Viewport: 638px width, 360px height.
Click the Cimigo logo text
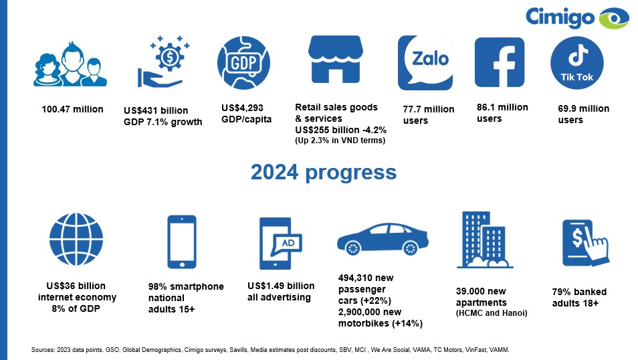[x=560, y=17]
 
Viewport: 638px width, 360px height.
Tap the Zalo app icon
[x=425, y=63]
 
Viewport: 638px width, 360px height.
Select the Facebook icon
[x=500, y=62]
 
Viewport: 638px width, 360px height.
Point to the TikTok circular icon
[x=577, y=63]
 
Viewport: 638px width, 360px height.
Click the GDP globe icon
[x=243, y=63]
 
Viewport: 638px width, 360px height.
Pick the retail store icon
[x=335, y=59]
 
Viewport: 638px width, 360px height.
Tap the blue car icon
[x=383, y=239]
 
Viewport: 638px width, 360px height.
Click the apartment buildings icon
[x=485, y=240]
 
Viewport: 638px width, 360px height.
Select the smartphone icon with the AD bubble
[x=280, y=243]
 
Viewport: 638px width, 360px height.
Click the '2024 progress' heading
[x=324, y=172]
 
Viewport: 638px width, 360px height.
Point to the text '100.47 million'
[x=72, y=109]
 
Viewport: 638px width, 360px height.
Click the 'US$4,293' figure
[x=242, y=108]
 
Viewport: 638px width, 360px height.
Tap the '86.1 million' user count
[x=502, y=107]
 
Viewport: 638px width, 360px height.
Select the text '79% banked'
[x=579, y=292]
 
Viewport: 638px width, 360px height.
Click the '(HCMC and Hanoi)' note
[x=492, y=313]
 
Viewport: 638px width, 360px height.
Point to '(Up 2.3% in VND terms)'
[x=340, y=141]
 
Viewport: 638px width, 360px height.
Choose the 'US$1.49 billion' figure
[x=281, y=286]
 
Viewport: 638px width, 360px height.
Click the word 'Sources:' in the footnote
[x=43, y=349]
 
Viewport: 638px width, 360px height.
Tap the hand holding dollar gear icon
[x=163, y=62]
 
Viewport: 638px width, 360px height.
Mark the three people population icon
[x=70, y=64]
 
